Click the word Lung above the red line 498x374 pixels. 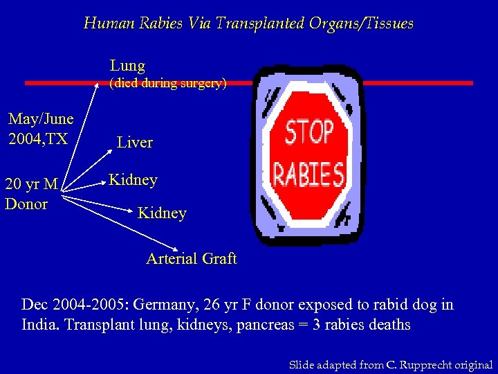[x=127, y=66]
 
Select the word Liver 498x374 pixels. [x=135, y=143]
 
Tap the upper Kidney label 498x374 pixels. [x=133, y=180]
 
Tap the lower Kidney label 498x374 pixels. [x=162, y=213]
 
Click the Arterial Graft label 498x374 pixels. [x=191, y=259]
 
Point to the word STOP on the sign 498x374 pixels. [x=309, y=132]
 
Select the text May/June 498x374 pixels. [x=41, y=118]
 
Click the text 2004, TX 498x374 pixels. [x=38, y=139]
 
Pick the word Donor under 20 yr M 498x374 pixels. [x=26, y=204]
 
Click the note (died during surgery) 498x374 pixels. [x=168, y=83]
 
